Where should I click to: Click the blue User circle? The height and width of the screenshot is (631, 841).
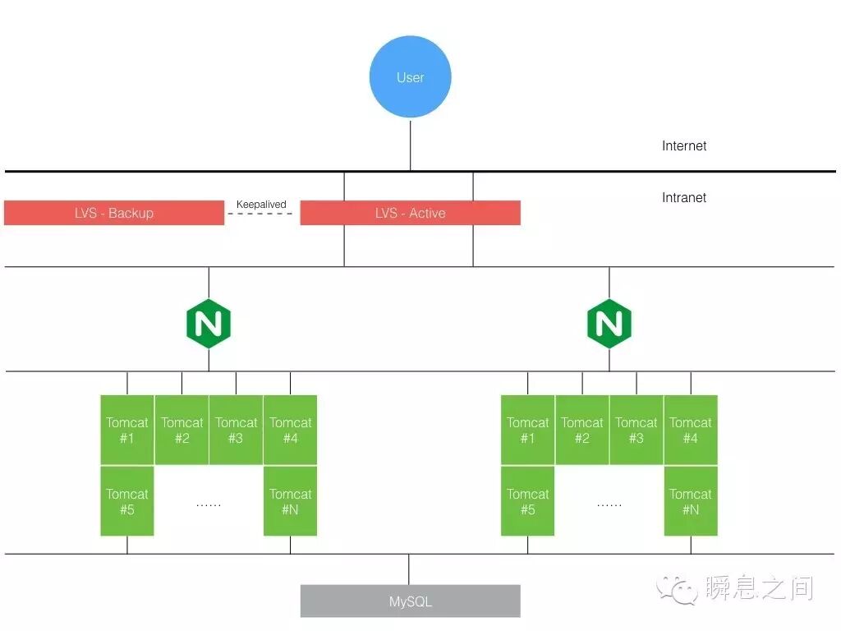(410, 77)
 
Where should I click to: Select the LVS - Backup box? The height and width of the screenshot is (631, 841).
(114, 213)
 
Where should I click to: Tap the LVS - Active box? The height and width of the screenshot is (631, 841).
(410, 213)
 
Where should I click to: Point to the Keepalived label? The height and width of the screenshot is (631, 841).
(261, 205)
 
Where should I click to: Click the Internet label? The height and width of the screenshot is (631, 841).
(684, 146)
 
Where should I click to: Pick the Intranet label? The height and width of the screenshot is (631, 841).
(684, 198)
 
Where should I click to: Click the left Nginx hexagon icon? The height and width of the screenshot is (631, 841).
(209, 325)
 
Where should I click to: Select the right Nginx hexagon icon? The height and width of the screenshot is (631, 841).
(609, 325)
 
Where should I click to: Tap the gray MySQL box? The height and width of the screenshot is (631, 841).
(410, 601)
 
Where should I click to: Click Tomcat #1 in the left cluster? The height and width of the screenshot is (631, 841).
(127, 430)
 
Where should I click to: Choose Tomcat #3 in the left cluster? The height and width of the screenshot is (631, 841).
(236, 430)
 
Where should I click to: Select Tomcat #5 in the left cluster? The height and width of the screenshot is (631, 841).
(127, 501)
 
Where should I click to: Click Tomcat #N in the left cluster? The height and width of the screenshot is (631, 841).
(290, 501)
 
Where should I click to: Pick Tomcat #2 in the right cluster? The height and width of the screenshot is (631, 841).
(582, 430)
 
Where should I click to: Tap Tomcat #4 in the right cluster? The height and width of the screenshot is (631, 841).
(691, 430)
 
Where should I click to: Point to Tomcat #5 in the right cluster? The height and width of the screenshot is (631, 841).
(527, 501)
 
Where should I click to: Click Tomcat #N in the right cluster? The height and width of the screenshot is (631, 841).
(691, 501)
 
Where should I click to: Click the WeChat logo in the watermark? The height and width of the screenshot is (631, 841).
(676, 588)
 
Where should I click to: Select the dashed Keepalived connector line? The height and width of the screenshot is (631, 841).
(261, 214)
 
